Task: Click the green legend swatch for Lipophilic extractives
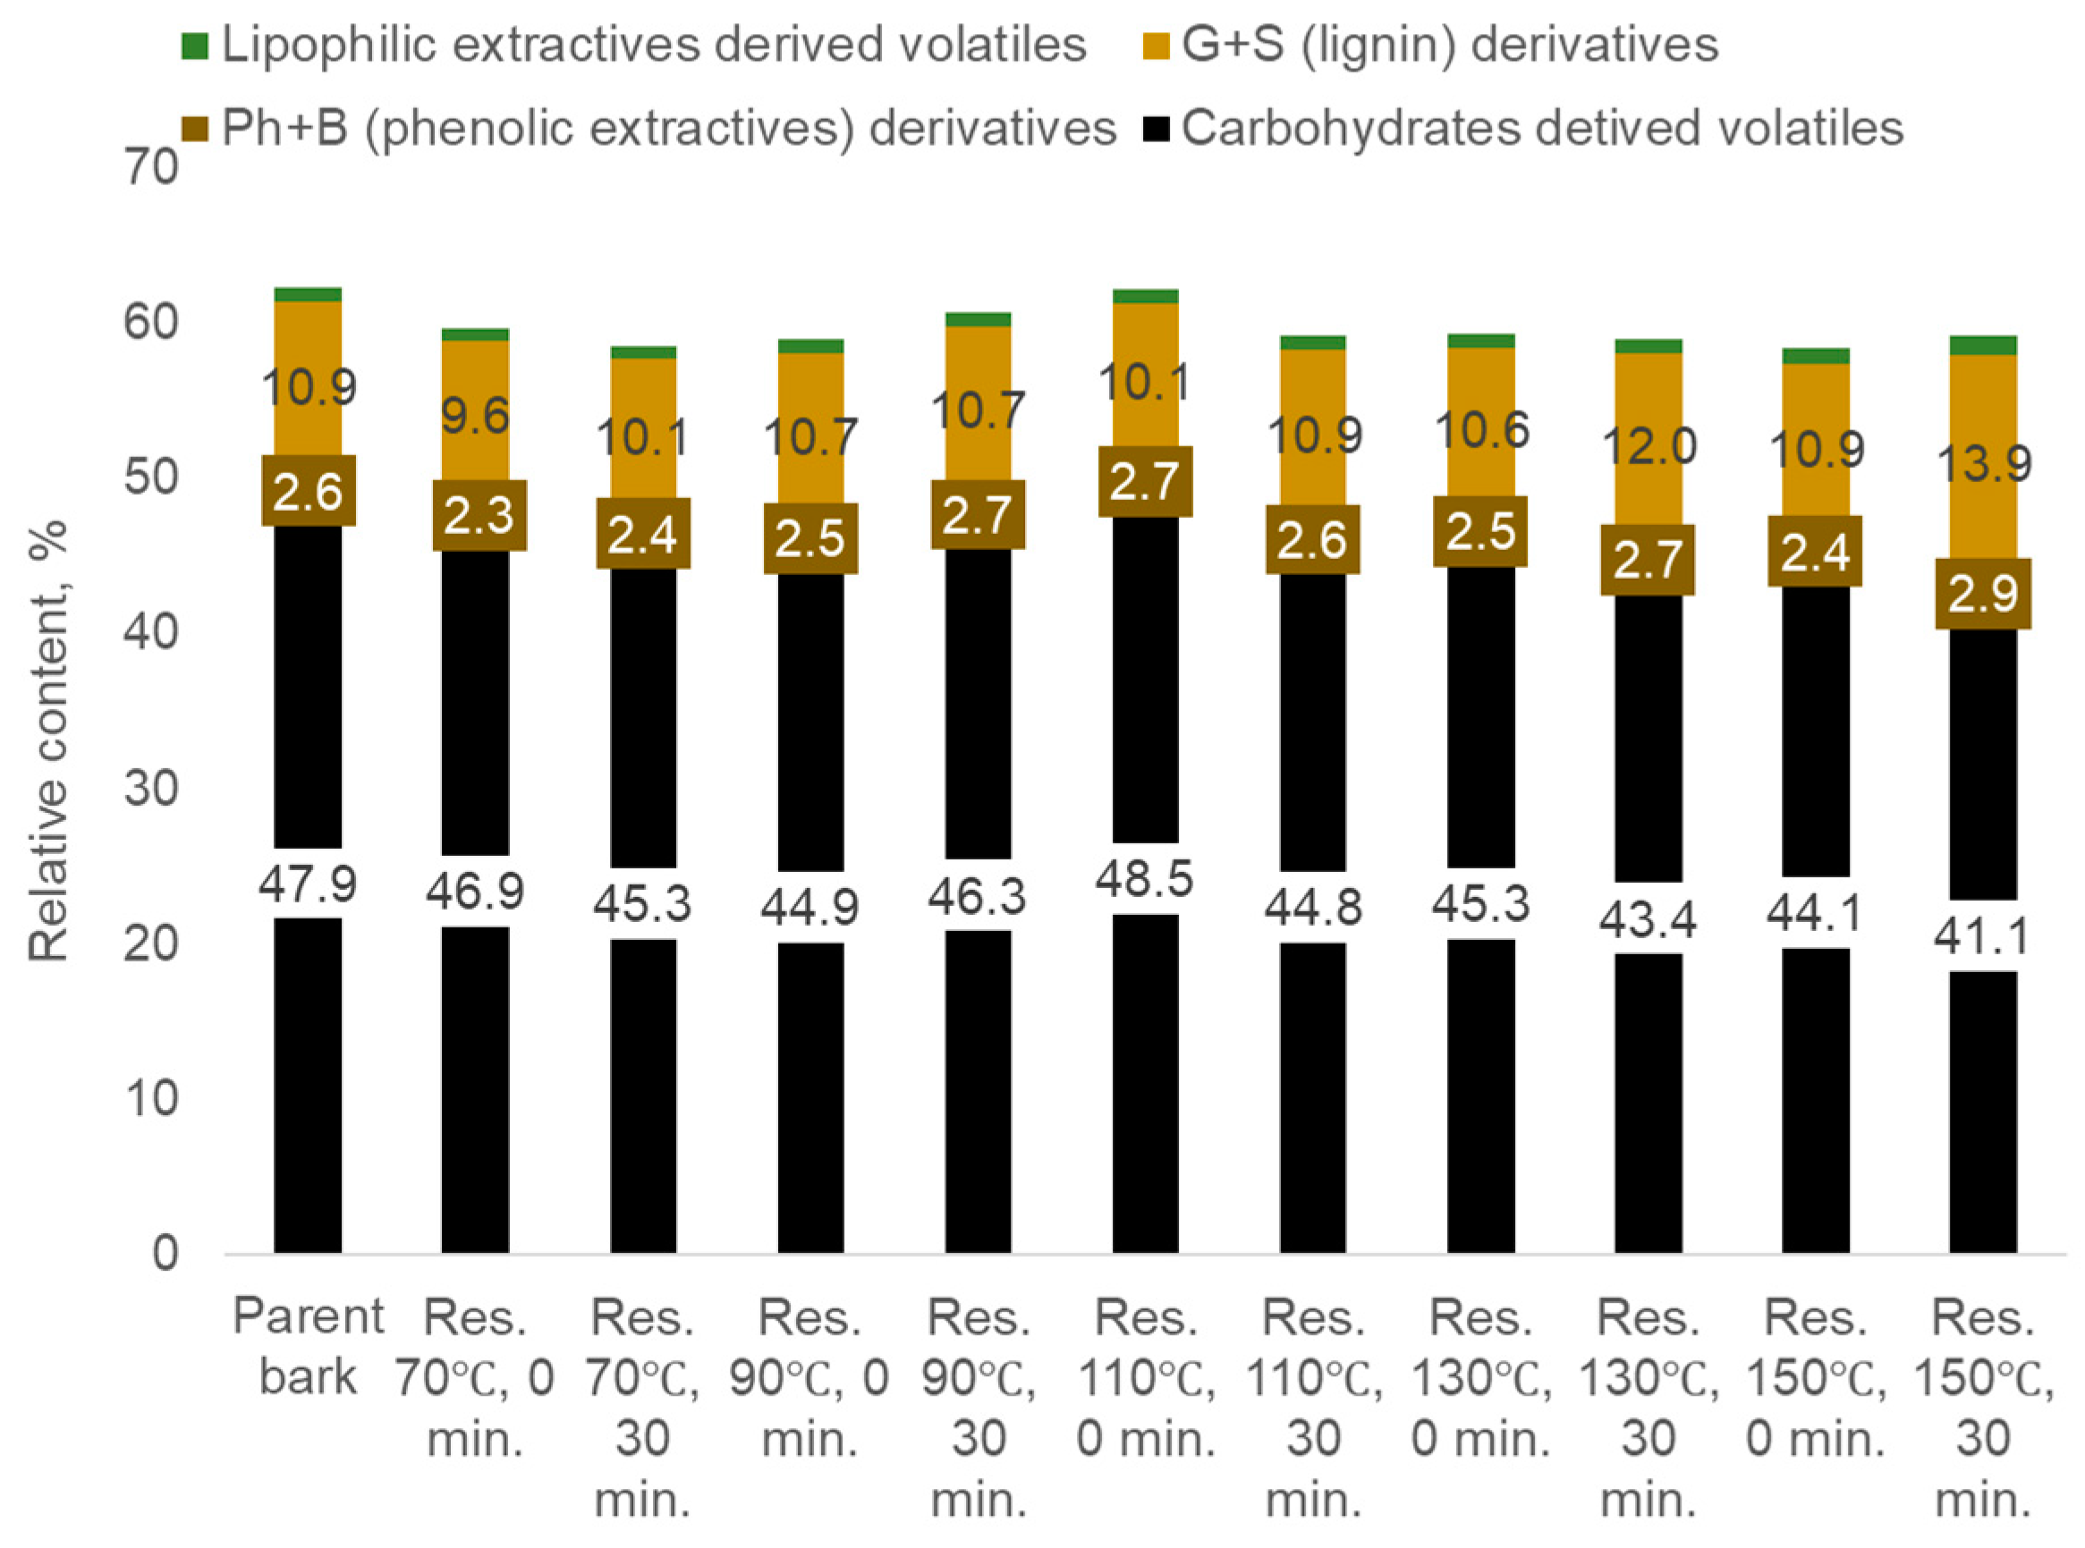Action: [x=194, y=46]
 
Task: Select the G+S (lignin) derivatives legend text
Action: [x=1449, y=44]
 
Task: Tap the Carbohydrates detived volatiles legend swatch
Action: [x=1157, y=130]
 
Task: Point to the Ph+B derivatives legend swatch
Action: [x=194, y=130]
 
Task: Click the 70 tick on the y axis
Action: [x=151, y=169]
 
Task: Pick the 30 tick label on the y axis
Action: [x=151, y=788]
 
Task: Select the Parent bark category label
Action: [x=308, y=1347]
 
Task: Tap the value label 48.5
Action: [x=1145, y=879]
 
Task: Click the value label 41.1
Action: [x=1983, y=935]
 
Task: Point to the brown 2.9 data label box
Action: [x=1983, y=593]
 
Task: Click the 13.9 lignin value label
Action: [x=1983, y=464]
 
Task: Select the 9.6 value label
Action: [x=475, y=415]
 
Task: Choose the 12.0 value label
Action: [x=1649, y=446]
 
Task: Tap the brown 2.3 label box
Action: [x=478, y=515]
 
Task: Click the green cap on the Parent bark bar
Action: [x=308, y=294]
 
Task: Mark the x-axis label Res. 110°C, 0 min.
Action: [x=1145, y=1377]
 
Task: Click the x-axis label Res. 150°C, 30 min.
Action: [x=1983, y=1408]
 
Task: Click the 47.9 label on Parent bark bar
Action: [x=308, y=884]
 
